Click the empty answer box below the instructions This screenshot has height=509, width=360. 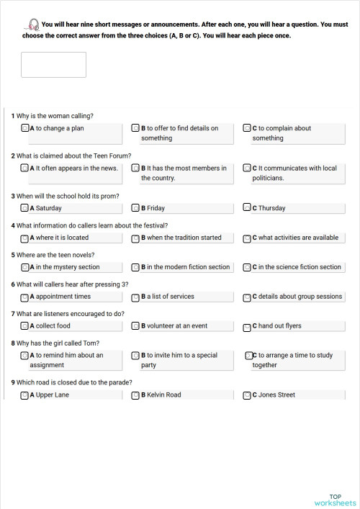pos(53,65)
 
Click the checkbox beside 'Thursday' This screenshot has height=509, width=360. pos(247,208)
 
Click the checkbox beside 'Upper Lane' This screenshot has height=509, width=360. pos(25,395)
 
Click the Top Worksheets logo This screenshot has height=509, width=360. pos(335,500)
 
